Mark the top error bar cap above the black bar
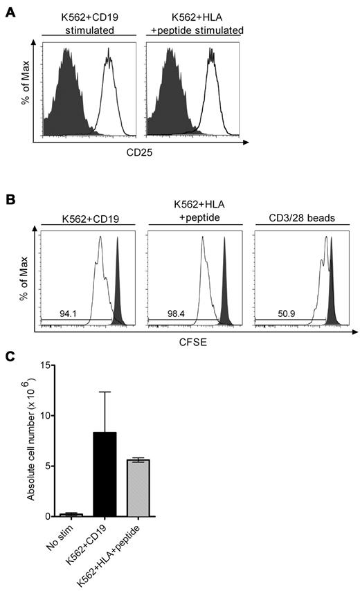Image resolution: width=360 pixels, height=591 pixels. tap(105, 392)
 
